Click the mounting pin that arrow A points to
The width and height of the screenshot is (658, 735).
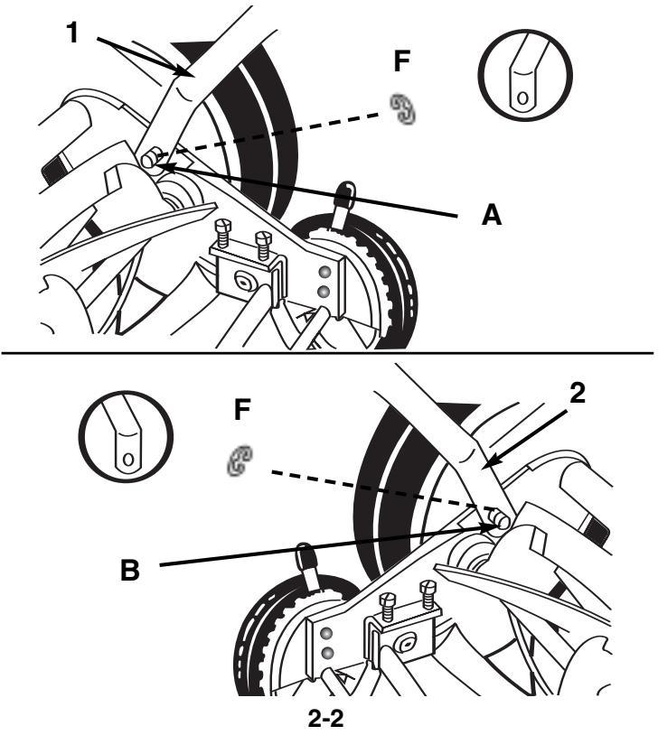[x=149, y=161]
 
